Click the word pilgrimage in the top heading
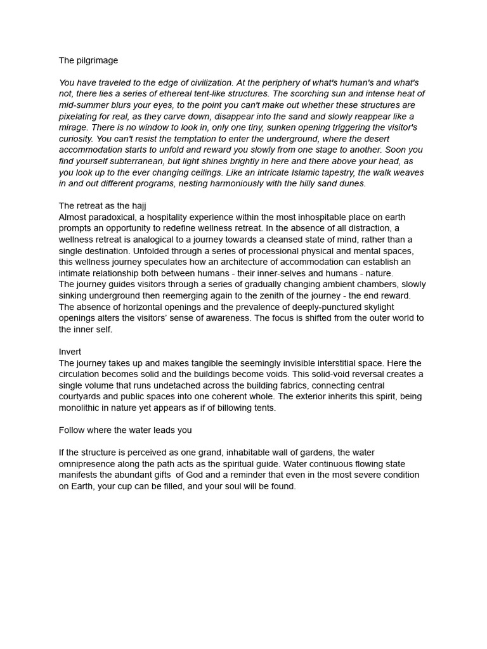click(x=97, y=61)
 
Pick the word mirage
click(x=74, y=127)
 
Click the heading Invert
click(x=70, y=352)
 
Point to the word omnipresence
click(x=86, y=464)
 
